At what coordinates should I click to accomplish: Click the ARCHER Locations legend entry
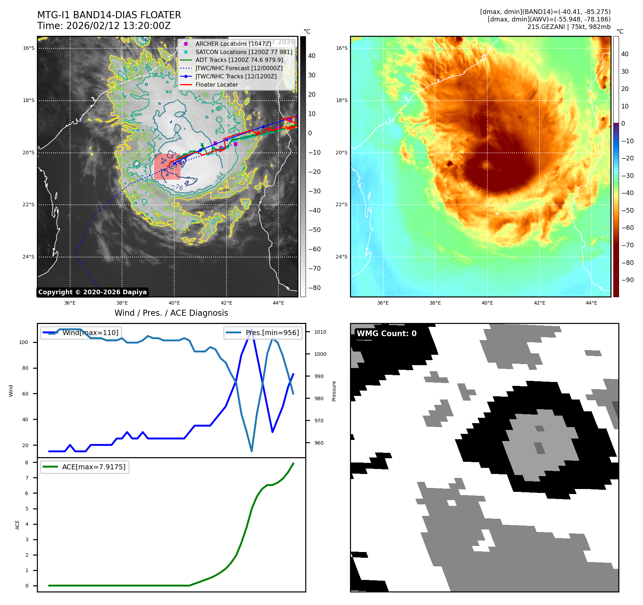tap(233, 44)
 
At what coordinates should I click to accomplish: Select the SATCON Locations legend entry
tap(243, 52)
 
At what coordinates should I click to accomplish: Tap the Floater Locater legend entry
tap(216, 85)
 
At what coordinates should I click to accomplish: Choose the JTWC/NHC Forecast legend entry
tap(239, 68)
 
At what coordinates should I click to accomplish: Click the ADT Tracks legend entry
tap(239, 60)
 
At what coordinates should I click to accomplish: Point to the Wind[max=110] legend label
tap(90, 333)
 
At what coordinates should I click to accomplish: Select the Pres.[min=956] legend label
tap(272, 333)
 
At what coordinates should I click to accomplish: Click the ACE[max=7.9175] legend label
tap(94, 467)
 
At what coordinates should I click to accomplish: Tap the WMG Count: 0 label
tap(386, 334)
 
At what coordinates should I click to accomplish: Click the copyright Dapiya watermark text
tap(92, 292)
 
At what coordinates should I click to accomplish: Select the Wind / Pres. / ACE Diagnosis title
tap(171, 313)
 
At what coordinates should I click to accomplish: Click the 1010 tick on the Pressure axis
tap(320, 332)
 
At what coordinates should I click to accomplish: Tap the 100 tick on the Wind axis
tap(24, 342)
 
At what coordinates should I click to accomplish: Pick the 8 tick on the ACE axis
tap(27, 463)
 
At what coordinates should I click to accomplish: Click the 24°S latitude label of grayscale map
tap(29, 257)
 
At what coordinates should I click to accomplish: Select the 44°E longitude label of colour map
tap(591, 303)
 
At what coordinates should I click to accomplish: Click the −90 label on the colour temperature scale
tap(627, 280)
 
